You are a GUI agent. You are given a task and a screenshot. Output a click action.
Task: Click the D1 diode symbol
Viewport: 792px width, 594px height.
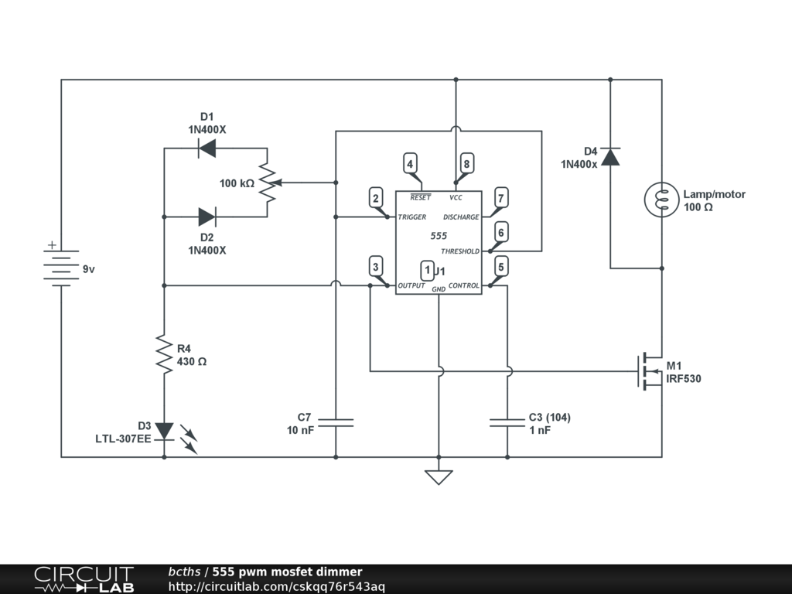[207, 148]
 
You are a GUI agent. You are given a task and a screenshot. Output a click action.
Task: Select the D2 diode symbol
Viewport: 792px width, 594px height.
[207, 217]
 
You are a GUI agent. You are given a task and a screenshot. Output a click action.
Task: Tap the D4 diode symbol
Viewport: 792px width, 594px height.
[610, 156]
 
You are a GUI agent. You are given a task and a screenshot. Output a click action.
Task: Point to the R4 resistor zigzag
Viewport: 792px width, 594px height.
[164, 354]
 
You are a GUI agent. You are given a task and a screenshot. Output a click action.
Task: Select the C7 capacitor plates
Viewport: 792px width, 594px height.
[336, 422]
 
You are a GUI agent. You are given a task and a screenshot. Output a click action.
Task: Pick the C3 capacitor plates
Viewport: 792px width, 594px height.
[507, 422]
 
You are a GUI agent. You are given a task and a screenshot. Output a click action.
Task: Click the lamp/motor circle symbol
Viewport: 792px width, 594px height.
[662, 200]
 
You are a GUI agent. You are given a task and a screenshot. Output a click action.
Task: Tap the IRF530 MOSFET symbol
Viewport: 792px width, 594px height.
[650, 372]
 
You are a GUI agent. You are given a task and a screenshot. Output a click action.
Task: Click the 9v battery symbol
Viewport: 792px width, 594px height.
[61, 265]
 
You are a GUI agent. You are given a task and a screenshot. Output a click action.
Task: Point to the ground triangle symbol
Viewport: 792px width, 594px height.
[439, 477]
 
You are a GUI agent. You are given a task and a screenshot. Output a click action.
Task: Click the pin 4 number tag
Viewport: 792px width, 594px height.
[410, 164]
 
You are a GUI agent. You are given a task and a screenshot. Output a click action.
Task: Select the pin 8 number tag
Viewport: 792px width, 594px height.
[466, 164]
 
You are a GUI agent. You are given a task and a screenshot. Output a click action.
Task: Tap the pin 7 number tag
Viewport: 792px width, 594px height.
[501, 198]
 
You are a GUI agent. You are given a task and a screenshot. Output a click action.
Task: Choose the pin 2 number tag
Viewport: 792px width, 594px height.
[375, 198]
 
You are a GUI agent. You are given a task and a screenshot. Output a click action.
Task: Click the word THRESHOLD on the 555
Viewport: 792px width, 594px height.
[460, 251]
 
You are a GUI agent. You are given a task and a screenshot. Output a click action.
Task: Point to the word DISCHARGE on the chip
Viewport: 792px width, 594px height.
[461, 217]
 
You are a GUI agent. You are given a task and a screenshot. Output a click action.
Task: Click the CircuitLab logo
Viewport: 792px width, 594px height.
[84, 579]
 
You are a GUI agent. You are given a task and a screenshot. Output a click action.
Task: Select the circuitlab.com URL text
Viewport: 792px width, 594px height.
[277, 587]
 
